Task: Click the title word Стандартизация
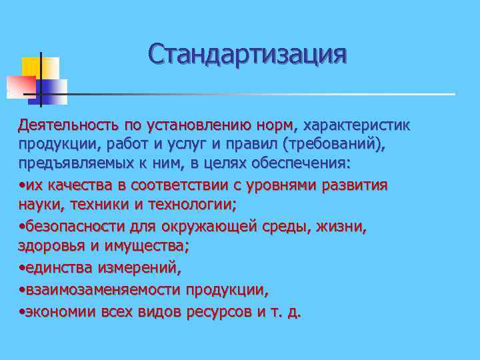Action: click(247, 54)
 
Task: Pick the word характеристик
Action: click(359, 125)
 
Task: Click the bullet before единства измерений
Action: click(22, 269)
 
